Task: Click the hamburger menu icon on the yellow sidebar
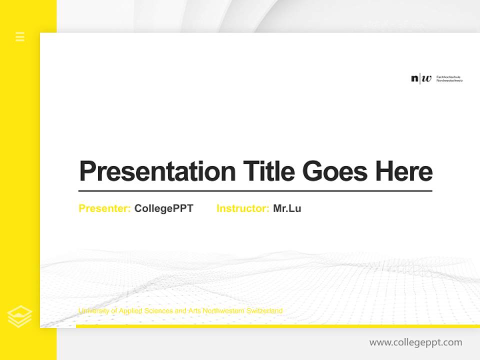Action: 20,36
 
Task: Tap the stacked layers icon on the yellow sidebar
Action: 19,316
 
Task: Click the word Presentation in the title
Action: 157,171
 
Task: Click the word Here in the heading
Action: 403,171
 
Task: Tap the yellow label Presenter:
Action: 104,208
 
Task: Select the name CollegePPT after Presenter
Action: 163,208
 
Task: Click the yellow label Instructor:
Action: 242,208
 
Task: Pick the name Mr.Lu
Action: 287,208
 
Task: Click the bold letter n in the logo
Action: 414,78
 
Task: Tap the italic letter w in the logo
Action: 426,78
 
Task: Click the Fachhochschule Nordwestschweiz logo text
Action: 449,78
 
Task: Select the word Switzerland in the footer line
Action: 264,311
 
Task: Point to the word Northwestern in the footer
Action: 222,311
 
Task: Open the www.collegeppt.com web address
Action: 415,342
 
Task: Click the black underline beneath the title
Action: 255,191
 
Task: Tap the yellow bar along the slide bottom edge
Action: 277,326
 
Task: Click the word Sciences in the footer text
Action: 159,311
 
